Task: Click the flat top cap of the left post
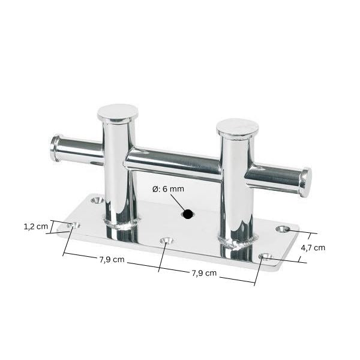pos(118,112)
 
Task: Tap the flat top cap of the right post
pos(238,128)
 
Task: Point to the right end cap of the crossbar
pos(306,182)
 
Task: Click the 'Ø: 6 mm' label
pos(168,189)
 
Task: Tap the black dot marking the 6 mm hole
pos(188,214)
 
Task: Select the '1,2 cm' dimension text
pos(35,227)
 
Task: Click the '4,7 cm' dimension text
pos(313,247)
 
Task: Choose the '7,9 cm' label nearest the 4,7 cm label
pos(204,274)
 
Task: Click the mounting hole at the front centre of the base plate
pos(167,241)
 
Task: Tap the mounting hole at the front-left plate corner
pos(75,225)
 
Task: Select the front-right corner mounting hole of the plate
pos(265,257)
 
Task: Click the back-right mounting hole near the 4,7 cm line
pos(283,229)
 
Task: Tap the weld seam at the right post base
pos(238,243)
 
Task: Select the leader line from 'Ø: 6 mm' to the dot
pos(178,202)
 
